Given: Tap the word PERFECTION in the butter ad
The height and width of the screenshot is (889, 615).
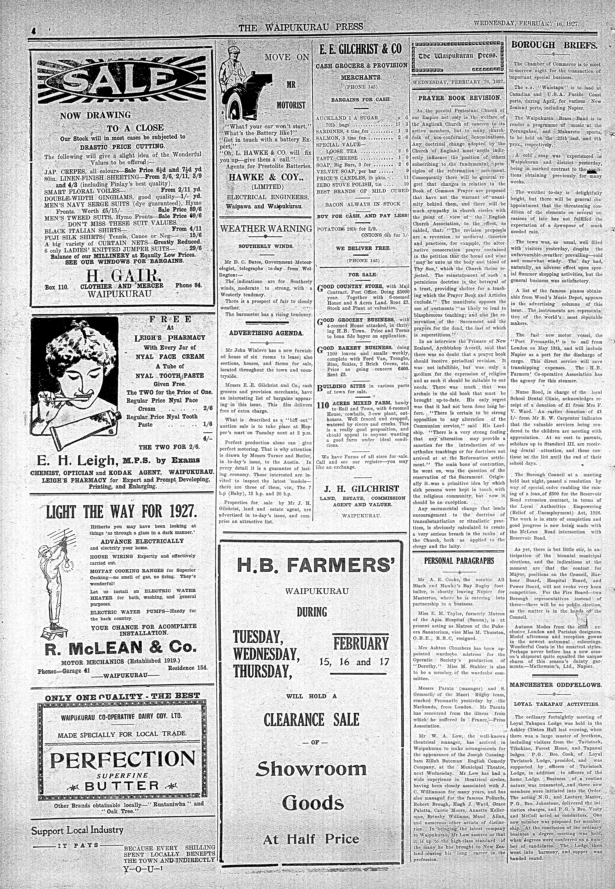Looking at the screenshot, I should [x=123, y=759].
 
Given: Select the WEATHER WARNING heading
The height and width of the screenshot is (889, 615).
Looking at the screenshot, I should [x=266, y=228].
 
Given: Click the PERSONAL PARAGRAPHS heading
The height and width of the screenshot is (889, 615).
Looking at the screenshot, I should [x=459, y=561].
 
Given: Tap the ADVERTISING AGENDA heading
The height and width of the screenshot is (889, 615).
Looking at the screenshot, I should [x=266, y=333].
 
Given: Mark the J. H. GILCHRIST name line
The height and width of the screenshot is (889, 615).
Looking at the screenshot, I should [x=361, y=489].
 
